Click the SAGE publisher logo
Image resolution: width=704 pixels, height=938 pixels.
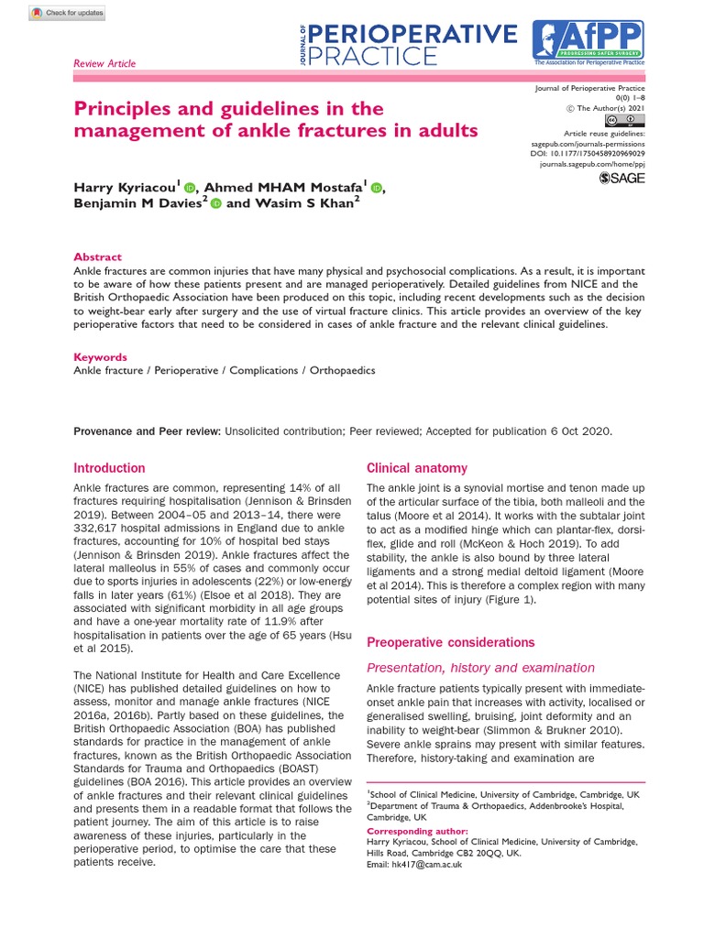pos(621,179)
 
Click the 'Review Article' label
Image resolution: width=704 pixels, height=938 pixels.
pos(104,63)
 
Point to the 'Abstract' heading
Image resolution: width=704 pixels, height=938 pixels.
pos(97,257)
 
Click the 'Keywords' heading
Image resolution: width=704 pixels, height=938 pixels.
pos(100,357)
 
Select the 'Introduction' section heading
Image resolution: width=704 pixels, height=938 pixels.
pos(109,468)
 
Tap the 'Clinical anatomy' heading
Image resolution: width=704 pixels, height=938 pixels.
pos(417,468)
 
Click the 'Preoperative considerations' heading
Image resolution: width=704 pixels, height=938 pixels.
pos(450,642)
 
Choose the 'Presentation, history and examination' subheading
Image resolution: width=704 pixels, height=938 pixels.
pos(480,668)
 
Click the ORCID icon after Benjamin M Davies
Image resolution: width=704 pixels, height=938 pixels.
pos(215,204)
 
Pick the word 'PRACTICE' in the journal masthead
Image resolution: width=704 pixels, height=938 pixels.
pos(373,57)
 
